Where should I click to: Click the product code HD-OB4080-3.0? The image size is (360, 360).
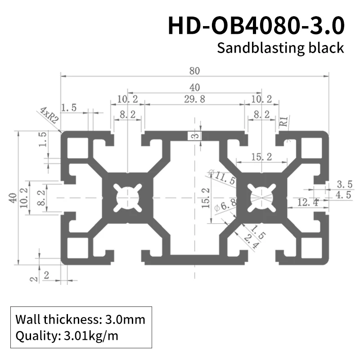point(256,26)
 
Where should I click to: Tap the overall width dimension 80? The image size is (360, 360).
point(194,71)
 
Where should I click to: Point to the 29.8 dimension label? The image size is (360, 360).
point(194,99)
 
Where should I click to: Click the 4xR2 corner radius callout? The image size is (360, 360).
point(49,116)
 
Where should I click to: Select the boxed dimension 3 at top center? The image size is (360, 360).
point(194,136)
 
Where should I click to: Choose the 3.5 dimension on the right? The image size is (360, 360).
point(344,184)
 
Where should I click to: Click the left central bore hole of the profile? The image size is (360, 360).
point(128,197)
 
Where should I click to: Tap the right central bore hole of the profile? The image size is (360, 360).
point(261,197)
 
